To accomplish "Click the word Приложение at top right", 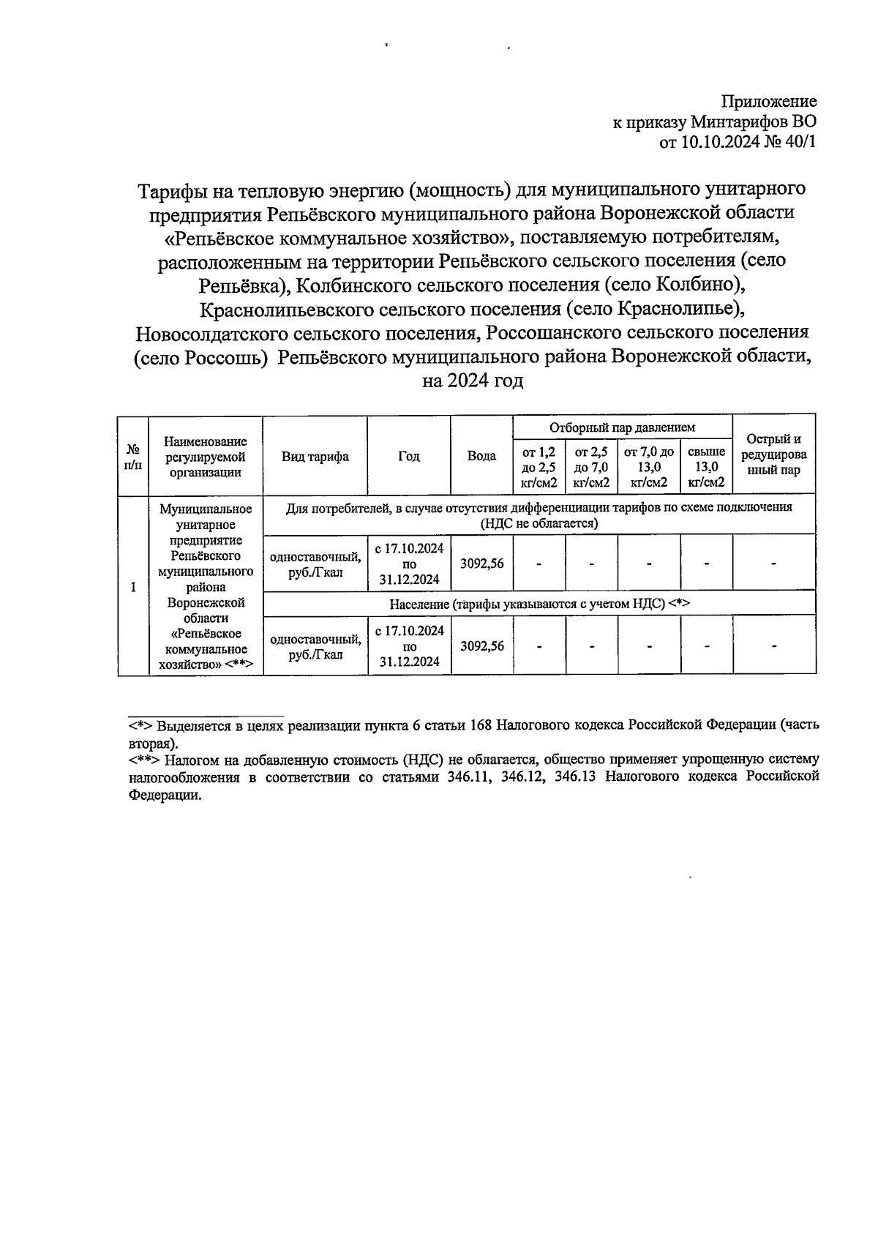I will pos(769,102).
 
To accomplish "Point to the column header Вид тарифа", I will pos(315,457).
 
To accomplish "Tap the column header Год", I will pos(409,456).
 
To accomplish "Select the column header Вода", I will pos(481,456).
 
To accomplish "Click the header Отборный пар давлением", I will pos(622,427).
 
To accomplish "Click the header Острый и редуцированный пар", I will pos(773,455).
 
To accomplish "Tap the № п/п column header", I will pos(133,457).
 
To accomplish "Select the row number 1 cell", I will pos(133,587).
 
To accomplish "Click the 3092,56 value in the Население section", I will pos(481,645).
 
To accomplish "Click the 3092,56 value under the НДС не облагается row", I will pos(481,564).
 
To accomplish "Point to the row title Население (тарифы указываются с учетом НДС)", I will pos(539,604).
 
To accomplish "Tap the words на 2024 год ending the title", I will pos(473,381).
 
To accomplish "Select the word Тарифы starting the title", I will pos(173,190).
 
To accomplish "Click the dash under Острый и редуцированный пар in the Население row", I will pos(773,645).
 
